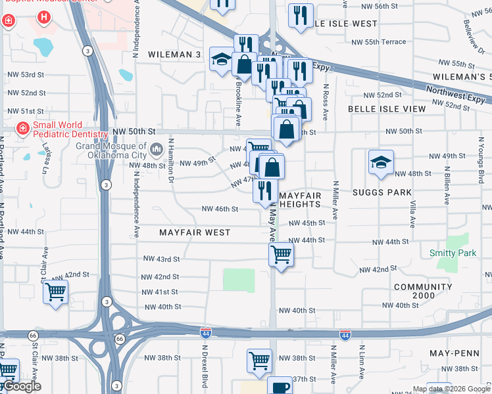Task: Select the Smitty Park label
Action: [453, 253]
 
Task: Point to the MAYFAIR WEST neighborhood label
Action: [195, 232]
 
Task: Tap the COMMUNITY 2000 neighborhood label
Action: [423, 292]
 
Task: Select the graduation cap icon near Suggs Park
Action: [381, 162]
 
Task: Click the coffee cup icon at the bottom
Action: [280, 387]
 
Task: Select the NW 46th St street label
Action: [219, 209]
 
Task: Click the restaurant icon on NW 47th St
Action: [265, 190]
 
